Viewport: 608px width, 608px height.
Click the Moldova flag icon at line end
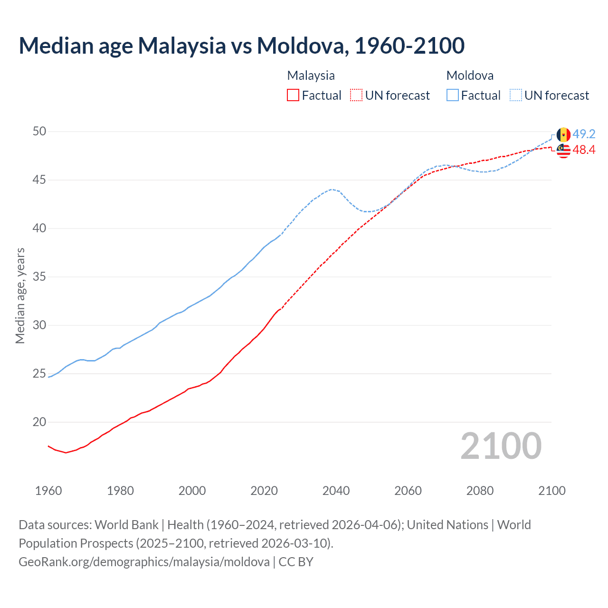point(563,134)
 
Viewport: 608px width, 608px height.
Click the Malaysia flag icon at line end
point(563,151)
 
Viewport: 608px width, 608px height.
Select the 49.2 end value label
point(584,134)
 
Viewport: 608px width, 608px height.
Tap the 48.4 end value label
point(584,150)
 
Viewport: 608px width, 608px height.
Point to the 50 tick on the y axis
point(39,131)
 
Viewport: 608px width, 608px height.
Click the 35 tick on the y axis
point(39,276)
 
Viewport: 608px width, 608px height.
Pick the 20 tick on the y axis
point(39,422)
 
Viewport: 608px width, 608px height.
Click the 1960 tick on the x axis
point(48,491)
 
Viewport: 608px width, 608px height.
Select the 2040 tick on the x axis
point(336,491)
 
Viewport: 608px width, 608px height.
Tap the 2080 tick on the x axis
point(480,491)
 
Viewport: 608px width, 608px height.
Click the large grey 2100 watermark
point(501,446)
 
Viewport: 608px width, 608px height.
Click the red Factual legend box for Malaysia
point(293,95)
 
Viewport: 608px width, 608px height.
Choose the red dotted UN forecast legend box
point(356,95)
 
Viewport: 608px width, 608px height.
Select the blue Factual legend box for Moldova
point(453,95)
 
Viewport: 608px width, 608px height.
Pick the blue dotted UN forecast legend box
point(516,95)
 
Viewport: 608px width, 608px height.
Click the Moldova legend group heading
point(470,76)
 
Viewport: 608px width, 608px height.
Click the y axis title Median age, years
point(20,295)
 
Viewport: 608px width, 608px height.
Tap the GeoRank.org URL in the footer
point(144,561)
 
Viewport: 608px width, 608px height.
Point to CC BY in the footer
point(296,561)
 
